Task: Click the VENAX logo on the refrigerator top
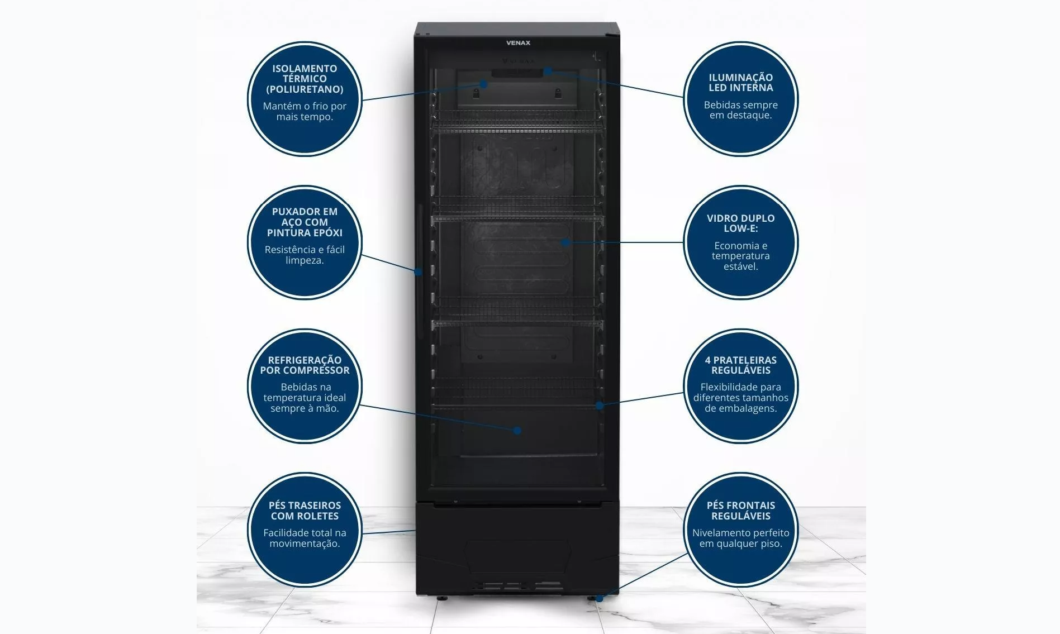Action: coord(518,43)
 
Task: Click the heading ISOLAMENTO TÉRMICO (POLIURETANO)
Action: coord(305,79)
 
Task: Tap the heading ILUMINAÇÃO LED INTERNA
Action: coord(740,83)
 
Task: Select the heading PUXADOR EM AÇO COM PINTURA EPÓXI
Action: coord(305,222)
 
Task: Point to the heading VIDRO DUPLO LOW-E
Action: coord(740,223)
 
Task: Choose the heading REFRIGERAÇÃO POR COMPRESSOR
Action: coord(305,365)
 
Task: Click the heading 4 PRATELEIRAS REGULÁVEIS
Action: coord(740,365)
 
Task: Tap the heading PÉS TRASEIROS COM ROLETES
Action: coord(305,511)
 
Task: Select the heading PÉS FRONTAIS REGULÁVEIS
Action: coord(740,511)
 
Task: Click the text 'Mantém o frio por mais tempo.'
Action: coord(305,111)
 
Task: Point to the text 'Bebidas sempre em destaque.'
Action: coord(740,110)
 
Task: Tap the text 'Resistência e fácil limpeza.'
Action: coord(305,255)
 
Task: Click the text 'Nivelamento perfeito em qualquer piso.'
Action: coord(740,538)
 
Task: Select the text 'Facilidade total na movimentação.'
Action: coord(305,538)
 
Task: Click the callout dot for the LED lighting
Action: coord(548,71)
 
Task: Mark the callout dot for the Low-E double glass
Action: coord(565,242)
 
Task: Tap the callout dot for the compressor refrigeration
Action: coord(517,430)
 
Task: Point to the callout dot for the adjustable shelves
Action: coord(599,405)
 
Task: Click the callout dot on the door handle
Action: coord(418,272)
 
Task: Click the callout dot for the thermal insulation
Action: coord(484,84)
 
